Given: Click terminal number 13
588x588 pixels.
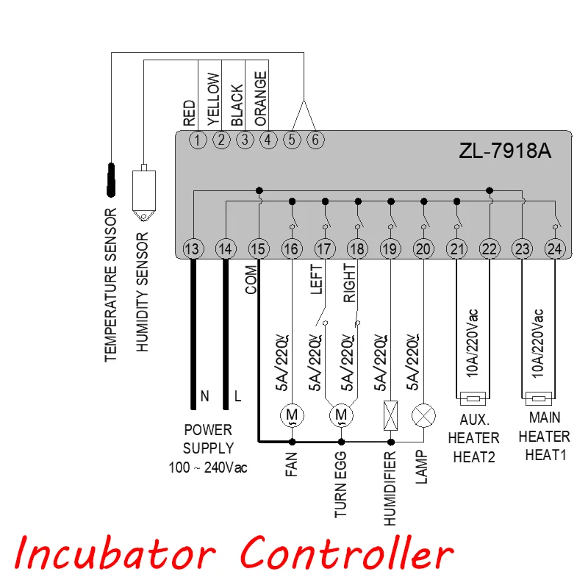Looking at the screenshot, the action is tap(193, 248).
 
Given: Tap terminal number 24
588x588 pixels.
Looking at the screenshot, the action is tap(555, 248).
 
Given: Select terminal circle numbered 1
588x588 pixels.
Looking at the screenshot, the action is tap(198, 140).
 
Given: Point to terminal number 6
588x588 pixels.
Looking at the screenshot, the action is tap(315, 140).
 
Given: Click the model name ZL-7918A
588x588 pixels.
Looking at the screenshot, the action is tap(505, 151).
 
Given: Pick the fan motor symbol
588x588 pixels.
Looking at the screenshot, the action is tap(292, 415).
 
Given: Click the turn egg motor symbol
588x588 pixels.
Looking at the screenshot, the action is tap(341, 415).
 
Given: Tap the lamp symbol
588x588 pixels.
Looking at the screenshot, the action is tap(424, 415).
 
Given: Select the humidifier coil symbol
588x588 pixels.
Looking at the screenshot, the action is tap(391, 415).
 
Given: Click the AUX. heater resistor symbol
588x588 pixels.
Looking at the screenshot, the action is tap(473, 398).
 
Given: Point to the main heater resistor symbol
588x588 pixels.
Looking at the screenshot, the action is tap(539, 398).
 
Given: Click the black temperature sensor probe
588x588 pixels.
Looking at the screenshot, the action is tap(111, 179).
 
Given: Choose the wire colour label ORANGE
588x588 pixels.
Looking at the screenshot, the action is tap(260, 98).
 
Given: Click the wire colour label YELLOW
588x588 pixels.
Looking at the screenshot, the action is tap(213, 99).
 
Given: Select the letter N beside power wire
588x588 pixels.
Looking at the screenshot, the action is tap(204, 396).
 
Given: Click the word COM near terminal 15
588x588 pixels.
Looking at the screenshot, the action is tap(251, 279).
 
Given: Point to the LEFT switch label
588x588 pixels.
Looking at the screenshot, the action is tap(316, 279).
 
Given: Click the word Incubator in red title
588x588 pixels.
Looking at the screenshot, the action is tap(115, 553).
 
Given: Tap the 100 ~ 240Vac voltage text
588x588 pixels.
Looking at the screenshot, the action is tap(208, 467).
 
